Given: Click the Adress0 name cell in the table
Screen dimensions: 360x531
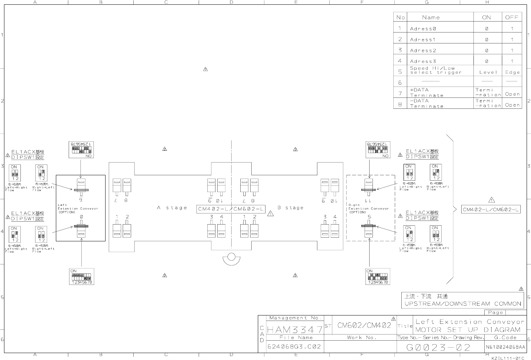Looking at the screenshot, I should (x=423, y=28).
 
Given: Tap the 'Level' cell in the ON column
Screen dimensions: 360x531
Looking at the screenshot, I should (x=488, y=72).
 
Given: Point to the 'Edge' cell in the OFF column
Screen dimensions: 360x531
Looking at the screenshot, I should (x=512, y=72).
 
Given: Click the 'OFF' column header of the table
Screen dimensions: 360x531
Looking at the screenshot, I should (x=512, y=17).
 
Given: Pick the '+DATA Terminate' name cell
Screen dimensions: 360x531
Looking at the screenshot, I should (x=427, y=92).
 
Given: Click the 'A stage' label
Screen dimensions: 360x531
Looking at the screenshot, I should (x=172, y=208).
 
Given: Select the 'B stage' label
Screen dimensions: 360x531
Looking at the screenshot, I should (x=290, y=208).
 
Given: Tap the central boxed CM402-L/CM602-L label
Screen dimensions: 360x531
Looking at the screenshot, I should (x=231, y=209).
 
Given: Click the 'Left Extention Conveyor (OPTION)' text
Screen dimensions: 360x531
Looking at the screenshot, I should (x=77, y=208).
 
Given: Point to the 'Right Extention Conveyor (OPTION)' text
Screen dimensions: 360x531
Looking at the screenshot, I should (x=368, y=208).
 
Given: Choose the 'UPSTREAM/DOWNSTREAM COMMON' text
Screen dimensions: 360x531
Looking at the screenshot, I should (x=462, y=304).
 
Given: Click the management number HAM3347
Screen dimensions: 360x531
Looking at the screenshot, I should (x=295, y=330).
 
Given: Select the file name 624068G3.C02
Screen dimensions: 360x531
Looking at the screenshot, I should (x=294, y=346).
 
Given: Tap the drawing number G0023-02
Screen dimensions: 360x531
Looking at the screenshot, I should (x=439, y=347).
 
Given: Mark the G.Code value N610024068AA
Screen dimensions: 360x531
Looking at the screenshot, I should (x=505, y=347).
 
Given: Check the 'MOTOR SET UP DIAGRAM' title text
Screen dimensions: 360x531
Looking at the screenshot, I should (x=462, y=329).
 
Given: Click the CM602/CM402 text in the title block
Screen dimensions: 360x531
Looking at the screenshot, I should (x=364, y=325).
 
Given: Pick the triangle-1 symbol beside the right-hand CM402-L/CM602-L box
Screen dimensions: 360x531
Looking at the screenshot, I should (x=492, y=200).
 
